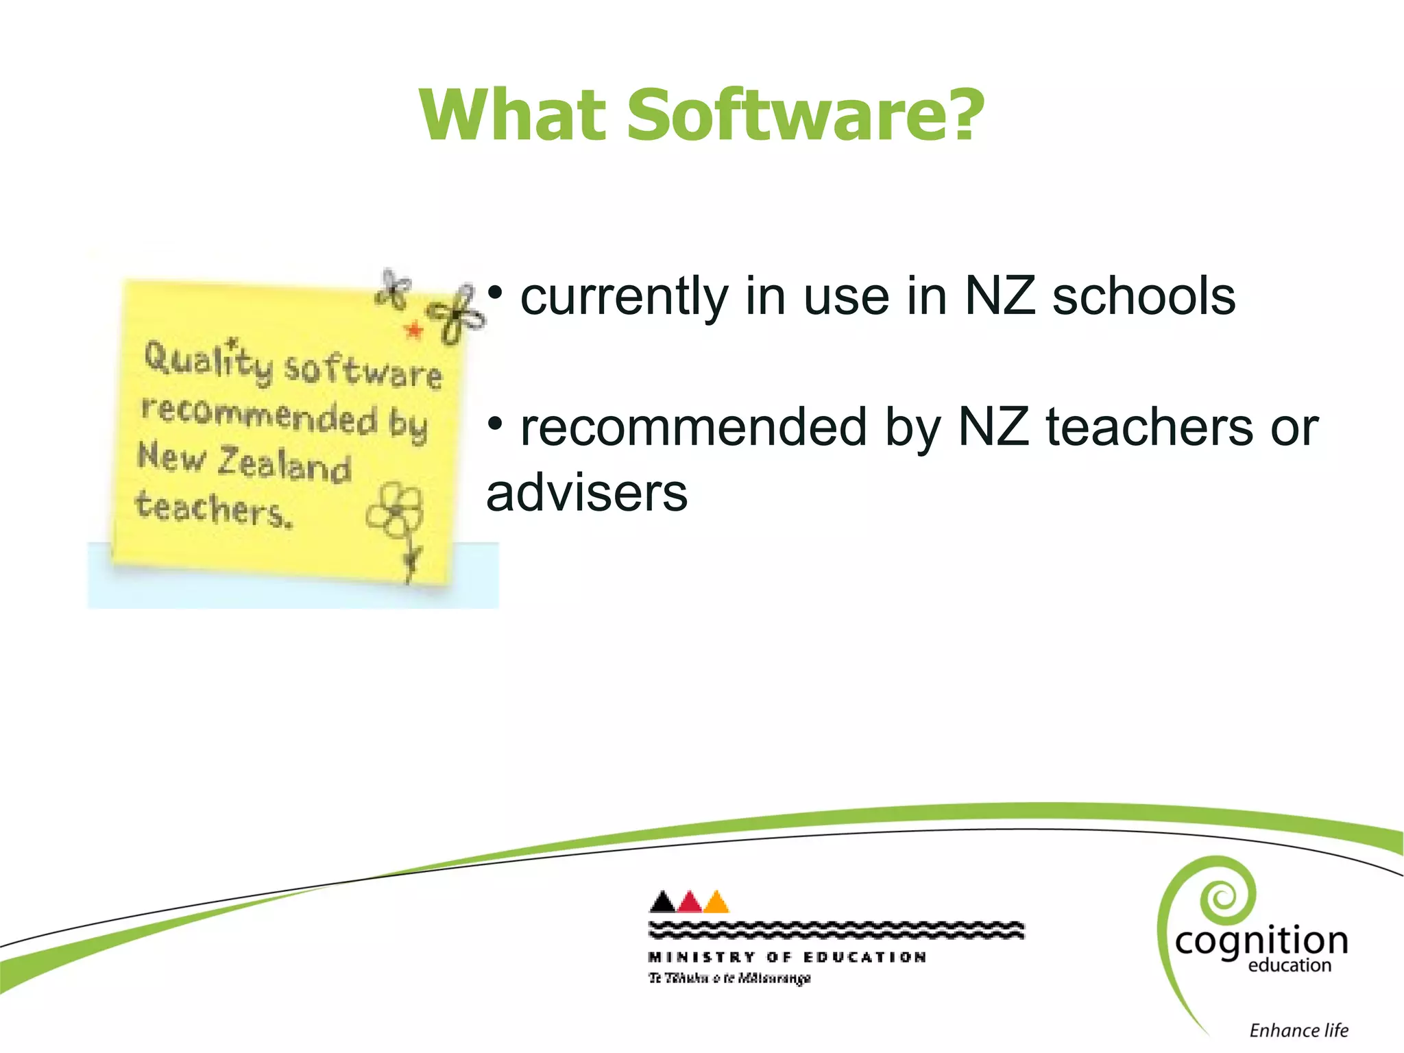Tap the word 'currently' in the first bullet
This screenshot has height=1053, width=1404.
624,298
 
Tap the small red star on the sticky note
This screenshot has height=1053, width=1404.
414,330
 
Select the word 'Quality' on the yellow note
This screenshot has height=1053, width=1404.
207,361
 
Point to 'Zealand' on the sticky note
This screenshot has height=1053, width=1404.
284,464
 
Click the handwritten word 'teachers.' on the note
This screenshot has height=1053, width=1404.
213,508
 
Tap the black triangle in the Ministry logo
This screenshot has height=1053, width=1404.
662,901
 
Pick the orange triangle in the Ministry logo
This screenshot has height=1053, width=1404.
716,902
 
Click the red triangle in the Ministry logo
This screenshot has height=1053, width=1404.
690,902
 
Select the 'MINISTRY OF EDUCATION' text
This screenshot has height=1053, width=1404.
787,957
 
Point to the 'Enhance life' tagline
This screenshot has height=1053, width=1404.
1298,1030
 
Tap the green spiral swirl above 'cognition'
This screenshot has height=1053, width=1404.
1224,895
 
